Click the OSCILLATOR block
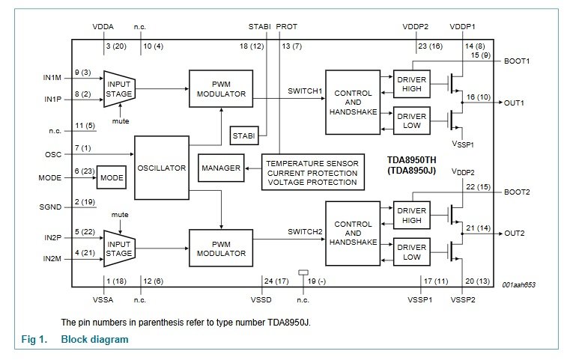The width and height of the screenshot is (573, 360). (160, 168)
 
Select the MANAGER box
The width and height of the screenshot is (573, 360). (220, 168)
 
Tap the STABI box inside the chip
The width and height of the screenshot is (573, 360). (243, 135)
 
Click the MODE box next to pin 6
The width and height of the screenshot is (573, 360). (111, 178)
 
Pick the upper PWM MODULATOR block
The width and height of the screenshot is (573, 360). (220, 88)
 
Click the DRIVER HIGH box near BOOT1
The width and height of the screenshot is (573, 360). (412, 84)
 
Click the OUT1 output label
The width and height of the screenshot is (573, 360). (515, 103)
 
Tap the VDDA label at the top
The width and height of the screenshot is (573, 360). (103, 28)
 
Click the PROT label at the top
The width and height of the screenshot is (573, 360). (287, 28)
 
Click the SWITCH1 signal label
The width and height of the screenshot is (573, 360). (305, 91)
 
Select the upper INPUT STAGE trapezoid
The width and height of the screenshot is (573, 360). (118, 88)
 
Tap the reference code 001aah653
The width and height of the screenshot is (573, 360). (519, 285)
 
